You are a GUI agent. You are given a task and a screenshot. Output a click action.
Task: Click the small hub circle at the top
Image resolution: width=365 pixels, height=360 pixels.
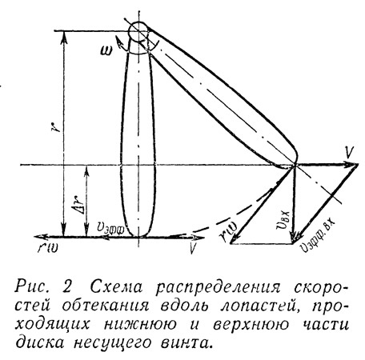click(138, 32)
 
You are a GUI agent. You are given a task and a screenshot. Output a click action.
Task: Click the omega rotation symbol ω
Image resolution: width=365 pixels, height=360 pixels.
click(107, 50)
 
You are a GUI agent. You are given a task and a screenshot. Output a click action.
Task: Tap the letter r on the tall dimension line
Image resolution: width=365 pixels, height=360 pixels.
click(54, 127)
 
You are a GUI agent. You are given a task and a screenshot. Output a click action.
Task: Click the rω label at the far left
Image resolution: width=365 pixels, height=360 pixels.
click(48, 247)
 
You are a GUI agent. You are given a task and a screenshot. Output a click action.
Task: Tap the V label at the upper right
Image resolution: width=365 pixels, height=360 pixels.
click(349, 153)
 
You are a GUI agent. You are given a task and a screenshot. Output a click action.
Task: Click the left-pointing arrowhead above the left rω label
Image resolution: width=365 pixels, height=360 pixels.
click(41, 237)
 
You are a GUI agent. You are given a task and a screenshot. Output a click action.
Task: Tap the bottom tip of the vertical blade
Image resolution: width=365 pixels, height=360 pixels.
click(138, 236)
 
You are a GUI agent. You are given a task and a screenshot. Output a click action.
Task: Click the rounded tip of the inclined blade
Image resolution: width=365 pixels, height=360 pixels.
click(295, 158)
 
